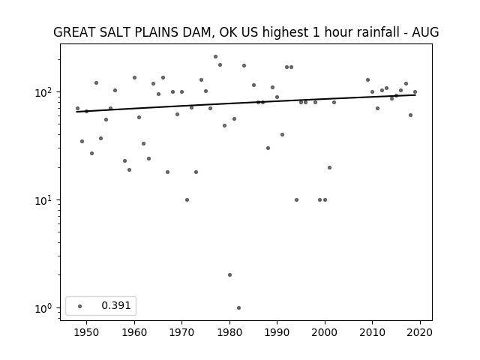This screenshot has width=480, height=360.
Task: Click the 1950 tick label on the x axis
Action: tap(86, 332)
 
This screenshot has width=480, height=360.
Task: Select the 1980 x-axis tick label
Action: tap(229, 332)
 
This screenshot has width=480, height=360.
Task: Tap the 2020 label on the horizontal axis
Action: tap(420, 332)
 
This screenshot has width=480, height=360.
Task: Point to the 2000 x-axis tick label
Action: tap(325, 332)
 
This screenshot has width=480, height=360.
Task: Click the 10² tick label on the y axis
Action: tap(45, 91)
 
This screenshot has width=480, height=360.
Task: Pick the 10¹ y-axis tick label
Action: tap(45, 200)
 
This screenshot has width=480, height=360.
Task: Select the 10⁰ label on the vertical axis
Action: tap(45, 308)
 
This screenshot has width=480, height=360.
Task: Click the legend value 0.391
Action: tap(116, 305)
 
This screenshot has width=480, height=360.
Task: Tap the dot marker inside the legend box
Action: tap(80, 306)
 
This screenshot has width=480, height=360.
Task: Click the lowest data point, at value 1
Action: tap(238, 308)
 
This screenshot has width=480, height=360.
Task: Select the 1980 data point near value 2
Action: tap(230, 275)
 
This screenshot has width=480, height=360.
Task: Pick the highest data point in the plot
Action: tap(215, 57)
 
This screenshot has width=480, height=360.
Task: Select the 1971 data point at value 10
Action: tap(187, 200)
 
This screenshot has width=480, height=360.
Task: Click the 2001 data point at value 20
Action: tap(330, 167)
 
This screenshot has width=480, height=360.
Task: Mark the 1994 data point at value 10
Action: tap(296, 200)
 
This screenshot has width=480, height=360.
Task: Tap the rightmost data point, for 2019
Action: tap(415, 91)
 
